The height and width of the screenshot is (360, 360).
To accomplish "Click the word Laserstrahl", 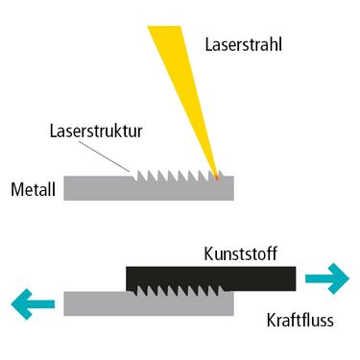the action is click(243, 44).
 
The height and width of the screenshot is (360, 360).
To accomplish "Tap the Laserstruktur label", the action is click(96, 132).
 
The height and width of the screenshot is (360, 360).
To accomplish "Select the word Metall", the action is click(34, 189).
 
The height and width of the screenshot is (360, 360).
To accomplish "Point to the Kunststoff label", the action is click(240, 253).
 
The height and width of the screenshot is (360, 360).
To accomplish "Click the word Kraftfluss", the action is click(300, 320).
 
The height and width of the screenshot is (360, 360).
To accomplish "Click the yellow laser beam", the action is click(184, 96).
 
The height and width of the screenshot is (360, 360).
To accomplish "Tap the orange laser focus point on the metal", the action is click(217, 177).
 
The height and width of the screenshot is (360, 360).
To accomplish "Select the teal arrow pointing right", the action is click(327, 278).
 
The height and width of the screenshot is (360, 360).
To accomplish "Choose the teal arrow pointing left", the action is click(33, 304).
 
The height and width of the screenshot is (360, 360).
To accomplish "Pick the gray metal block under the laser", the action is click(149, 189).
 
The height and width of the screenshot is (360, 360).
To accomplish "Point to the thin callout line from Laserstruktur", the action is click(104, 156).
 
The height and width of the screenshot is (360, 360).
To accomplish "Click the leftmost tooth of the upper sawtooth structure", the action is click(140, 176).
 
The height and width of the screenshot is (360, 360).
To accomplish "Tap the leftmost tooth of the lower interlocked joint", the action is click(140, 291).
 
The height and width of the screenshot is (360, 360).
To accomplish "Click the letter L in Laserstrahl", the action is click(208, 44).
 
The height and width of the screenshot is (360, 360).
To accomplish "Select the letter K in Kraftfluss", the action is click(272, 320).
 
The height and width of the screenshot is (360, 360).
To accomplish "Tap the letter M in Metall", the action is click(17, 189).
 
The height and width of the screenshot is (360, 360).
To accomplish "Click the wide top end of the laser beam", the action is click(164, 27).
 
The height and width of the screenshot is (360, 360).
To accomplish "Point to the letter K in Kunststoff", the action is click(208, 253).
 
